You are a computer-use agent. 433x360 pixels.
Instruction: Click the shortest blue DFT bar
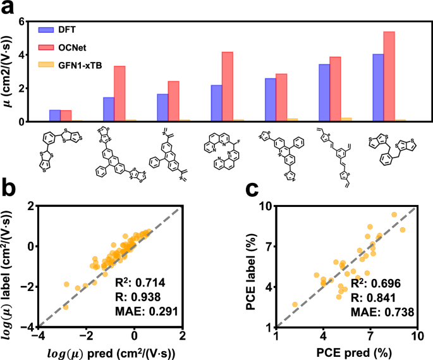click(x=55, y=115)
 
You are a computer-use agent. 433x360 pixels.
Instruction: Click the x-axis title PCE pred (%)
click(x=346, y=351)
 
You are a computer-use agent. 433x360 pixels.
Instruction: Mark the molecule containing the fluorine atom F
click(x=231, y=152)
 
